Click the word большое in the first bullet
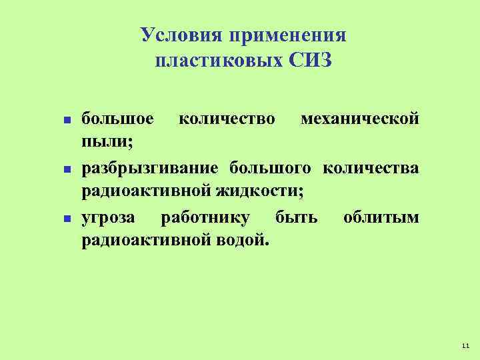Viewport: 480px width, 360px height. (x=117, y=119)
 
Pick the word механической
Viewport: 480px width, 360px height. (x=360, y=119)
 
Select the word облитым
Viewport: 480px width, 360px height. (x=381, y=216)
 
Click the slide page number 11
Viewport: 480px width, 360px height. (x=465, y=345)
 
